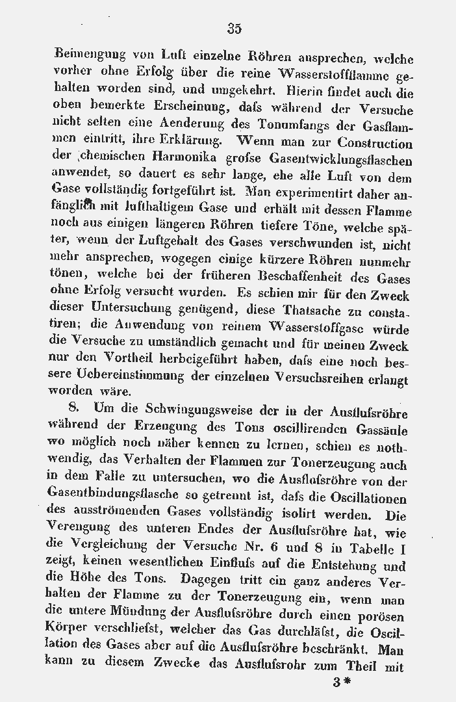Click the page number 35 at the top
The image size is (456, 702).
tap(234, 28)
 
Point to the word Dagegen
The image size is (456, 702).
tap(209, 580)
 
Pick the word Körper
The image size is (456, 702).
tap(68, 631)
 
